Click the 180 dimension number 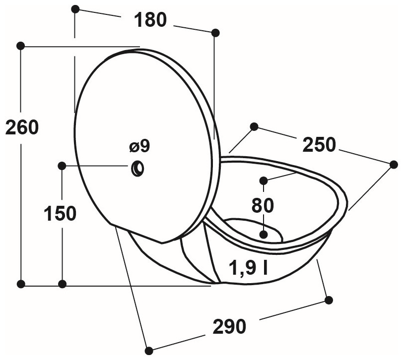[150, 20]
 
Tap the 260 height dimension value [22, 127]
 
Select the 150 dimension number [60, 213]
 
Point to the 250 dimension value [319, 145]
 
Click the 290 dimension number [229, 327]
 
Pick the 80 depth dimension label [263, 206]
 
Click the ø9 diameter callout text [139, 147]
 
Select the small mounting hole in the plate [138, 169]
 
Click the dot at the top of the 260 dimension [20, 46]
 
